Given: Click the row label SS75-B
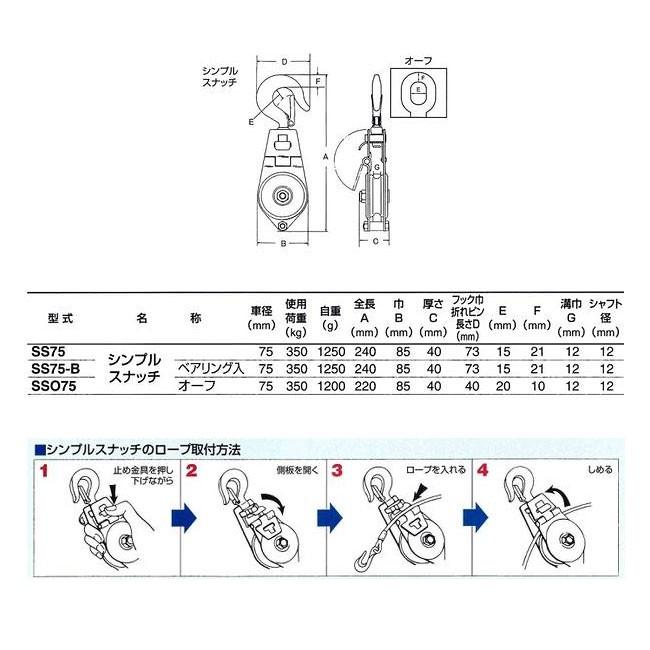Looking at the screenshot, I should (59, 368).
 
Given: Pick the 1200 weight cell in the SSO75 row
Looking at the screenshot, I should (331, 384).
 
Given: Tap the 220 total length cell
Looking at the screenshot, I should (366, 384).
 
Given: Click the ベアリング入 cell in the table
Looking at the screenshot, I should (211, 368).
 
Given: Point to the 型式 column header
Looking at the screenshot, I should (60, 319).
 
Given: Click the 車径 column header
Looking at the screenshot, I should (261, 318).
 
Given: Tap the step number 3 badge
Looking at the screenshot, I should (337, 468).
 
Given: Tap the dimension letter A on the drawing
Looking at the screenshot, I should (326, 158).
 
